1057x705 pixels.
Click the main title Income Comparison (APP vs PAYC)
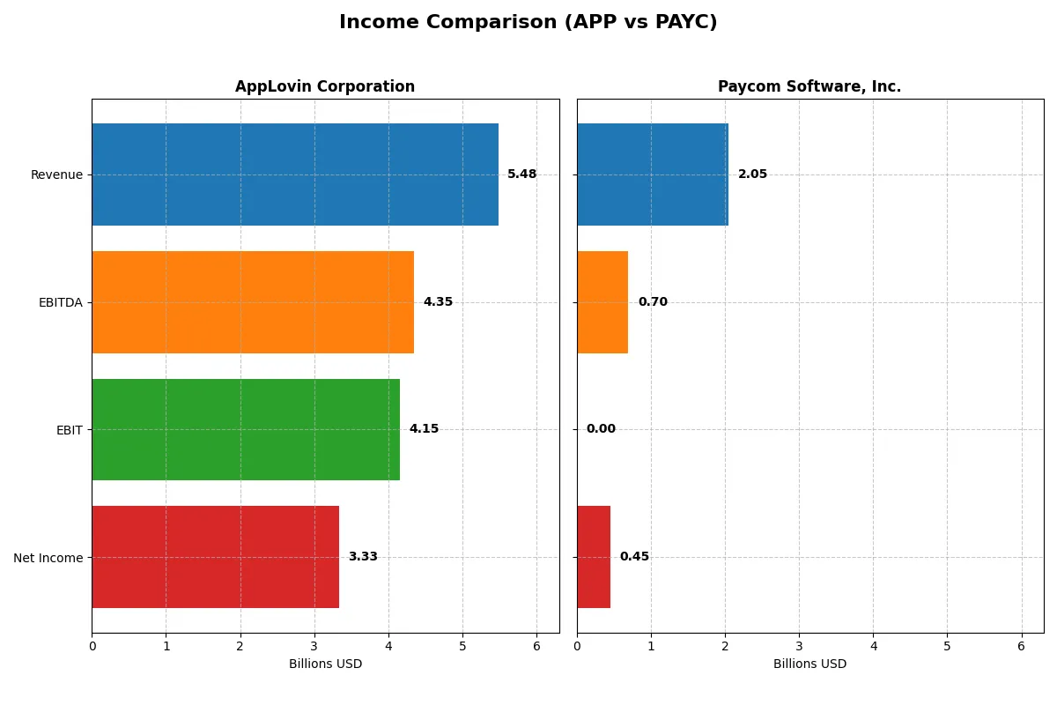528,23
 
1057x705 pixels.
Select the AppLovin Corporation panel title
325,86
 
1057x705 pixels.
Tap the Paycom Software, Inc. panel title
809,86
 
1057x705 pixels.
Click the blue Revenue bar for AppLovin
295,174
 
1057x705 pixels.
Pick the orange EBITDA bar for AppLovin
253,302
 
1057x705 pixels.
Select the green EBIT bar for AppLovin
246,429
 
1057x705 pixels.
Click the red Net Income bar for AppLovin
215,557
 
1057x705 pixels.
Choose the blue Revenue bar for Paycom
653,174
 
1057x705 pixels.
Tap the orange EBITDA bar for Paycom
602,302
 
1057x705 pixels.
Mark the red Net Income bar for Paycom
594,557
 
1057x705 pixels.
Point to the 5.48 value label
521,174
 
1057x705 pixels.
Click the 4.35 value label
438,302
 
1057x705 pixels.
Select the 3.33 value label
363,557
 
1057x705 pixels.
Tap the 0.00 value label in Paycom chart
601,429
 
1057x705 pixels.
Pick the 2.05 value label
752,174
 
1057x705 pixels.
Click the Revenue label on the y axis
56,174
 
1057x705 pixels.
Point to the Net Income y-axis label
48,557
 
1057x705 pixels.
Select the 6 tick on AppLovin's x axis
536,646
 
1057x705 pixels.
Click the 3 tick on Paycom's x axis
799,646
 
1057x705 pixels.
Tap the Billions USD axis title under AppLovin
325,664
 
